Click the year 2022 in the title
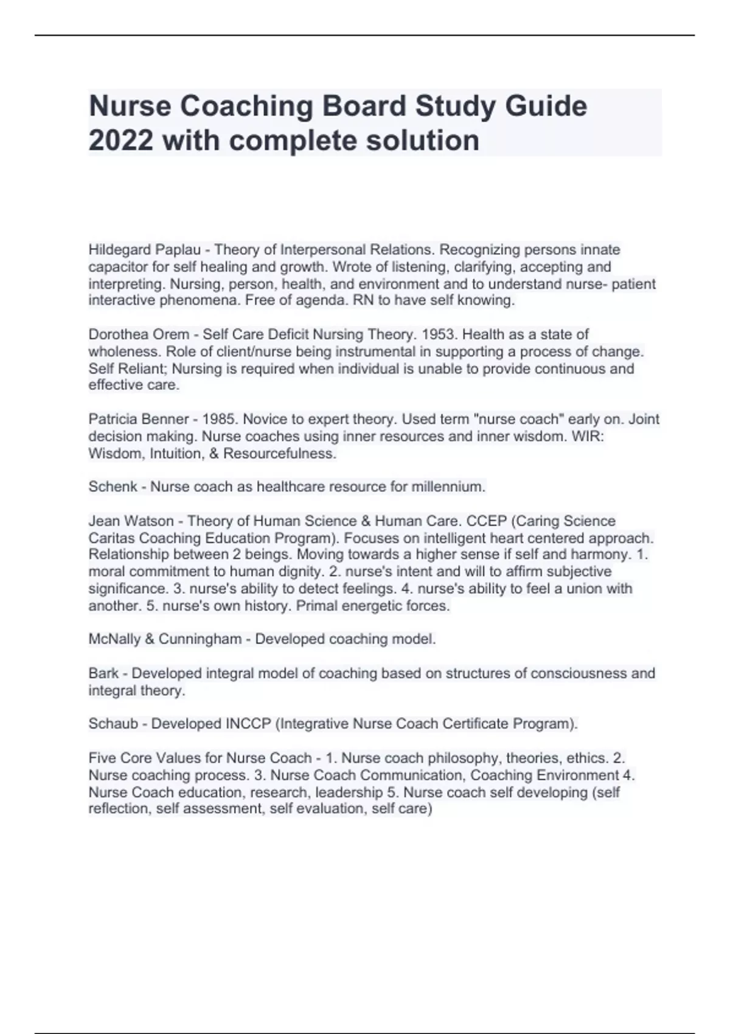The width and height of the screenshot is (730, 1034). tap(120, 141)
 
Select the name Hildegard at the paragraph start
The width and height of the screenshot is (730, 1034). tap(119, 250)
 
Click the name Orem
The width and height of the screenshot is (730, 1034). tap(174, 335)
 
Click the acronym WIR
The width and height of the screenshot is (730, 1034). tap(590, 436)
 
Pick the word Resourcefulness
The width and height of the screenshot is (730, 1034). tap(280, 453)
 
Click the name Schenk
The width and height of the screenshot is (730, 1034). tap(113, 487)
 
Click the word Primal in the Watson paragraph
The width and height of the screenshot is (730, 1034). tap(316, 606)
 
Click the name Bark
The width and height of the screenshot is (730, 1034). tap(103, 673)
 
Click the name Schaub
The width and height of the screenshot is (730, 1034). tap(113, 724)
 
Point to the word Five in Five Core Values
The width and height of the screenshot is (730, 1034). tap(102, 758)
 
